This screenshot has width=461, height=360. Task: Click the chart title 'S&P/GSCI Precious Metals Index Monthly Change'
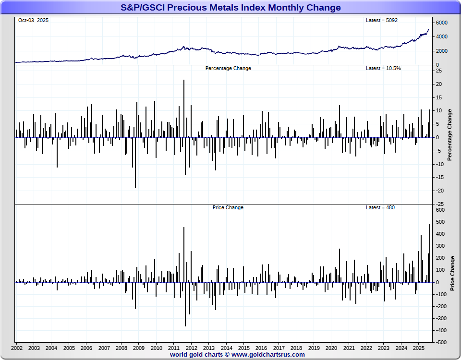pyautogui.click(x=230, y=8)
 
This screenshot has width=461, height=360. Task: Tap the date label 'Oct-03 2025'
pyautogui.click(x=33, y=20)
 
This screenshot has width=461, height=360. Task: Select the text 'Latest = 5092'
pyautogui.click(x=382, y=20)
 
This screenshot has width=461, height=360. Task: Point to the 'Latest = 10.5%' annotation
pyautogui.click(x=383, y=68)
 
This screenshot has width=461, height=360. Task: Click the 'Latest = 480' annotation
pyautogui.click(x=380, y=207)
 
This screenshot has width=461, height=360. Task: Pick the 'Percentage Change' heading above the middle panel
pyautogui.click(x=228, y=68)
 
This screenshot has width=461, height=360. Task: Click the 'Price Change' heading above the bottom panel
pyautogui.click(x=228, y=207)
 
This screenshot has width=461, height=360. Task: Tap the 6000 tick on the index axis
pyautogui.click(x=442, y=23)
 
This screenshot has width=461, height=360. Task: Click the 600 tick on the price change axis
pyautogui.click(x=441, y=210)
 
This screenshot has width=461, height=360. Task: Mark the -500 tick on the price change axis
pyautogui.click(x=442, y=343)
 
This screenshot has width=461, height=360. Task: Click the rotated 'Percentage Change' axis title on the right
pyautogui.click(x=450, y=135)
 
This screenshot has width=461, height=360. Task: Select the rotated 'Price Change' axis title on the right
pyautogui.click(x=452, y=273)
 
